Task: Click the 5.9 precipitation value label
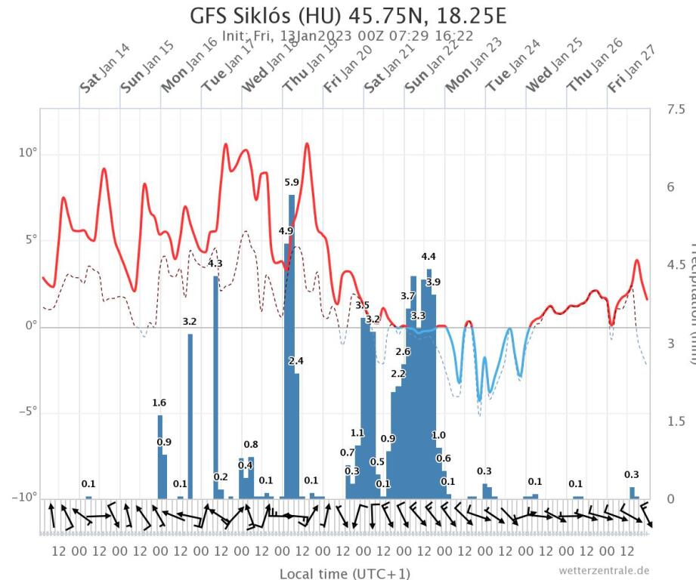coord(292,182)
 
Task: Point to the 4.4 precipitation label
coord(428,256)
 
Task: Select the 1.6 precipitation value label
coord(159,403)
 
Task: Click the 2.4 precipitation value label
coord(296,361)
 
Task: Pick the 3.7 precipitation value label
coord(408,295)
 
